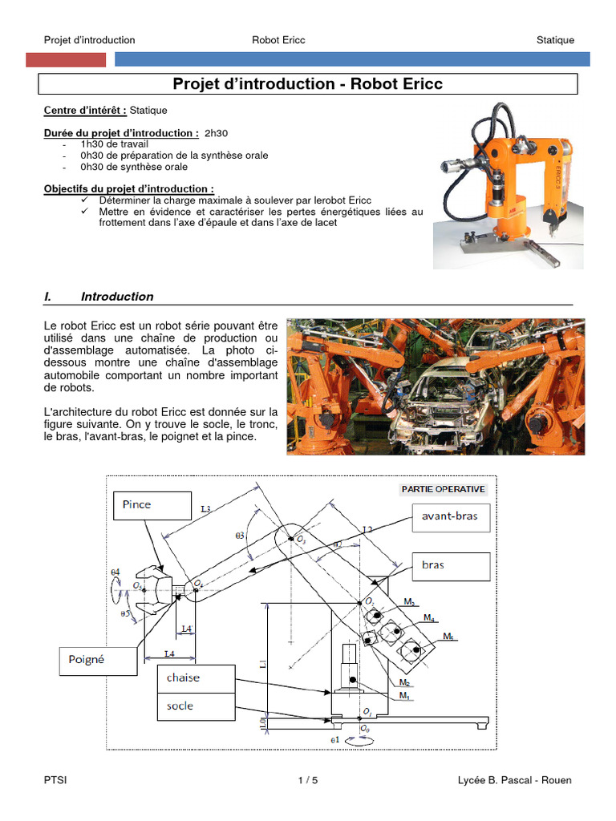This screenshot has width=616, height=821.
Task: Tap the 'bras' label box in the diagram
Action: coord(449,565)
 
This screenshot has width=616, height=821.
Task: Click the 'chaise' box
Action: coord(195,677)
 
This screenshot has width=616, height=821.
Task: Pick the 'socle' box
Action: coord(195,706)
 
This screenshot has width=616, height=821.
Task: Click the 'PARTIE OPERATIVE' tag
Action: coord(443,488)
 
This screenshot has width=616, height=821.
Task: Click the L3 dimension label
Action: coord(207,508)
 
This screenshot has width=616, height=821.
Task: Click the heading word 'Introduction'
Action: coord(117,297)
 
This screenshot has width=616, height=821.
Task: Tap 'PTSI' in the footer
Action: coord(55,780)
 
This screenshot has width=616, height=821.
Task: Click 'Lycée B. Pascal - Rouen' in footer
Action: coord(514,780)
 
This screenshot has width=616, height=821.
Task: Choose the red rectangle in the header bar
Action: coord(66,59)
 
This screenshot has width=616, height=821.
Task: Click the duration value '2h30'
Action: coord(217,132)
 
